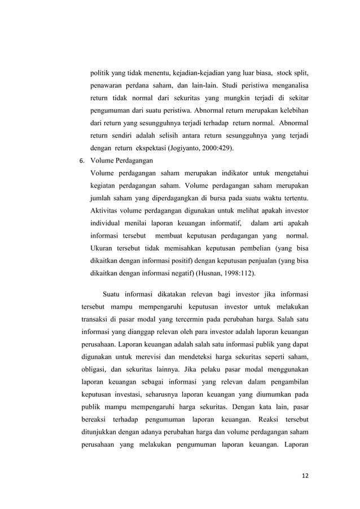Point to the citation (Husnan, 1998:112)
[223, 273]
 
